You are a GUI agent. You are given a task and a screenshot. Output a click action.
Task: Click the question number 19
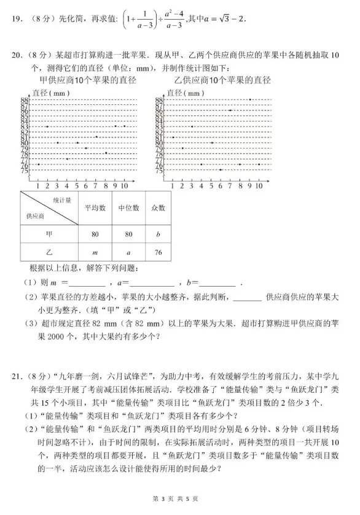pyautogui.click(x=17, y=19)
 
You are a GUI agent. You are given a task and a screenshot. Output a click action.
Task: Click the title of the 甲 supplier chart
pyautogui.click(x=87, y=80)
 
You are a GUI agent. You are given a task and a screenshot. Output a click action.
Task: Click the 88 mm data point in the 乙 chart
pyautogui.click(x=249, y=99)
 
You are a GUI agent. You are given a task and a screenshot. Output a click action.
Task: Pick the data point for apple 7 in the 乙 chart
pyautogui.click(x=230, y=110)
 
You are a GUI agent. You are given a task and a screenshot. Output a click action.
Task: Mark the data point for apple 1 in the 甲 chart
pyautogui.click(x=38, y=165)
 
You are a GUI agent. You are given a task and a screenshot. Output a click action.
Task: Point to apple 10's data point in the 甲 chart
pyautogui.click(x=125, y=126)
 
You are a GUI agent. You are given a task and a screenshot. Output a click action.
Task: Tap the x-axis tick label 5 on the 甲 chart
pyautogui.click(x=77, y=185)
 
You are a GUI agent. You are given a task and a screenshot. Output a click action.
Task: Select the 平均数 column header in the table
pyautogui.click(x=95, y=209)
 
